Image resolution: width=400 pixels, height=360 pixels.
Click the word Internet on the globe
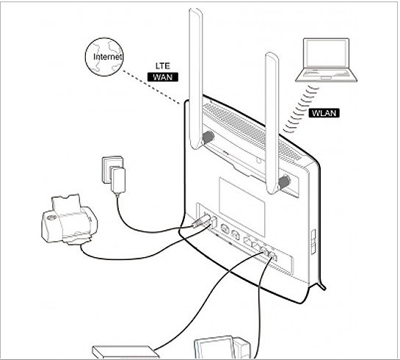107,57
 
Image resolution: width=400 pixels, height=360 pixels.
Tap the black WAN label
163,77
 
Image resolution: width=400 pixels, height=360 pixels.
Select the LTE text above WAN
163,66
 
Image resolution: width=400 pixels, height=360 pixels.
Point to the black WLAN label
324,113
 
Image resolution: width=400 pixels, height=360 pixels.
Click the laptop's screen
326,54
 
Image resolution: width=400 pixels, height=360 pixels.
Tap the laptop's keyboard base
327,76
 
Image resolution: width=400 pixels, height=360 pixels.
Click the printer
69,220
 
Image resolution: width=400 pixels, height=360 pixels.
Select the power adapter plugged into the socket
118,180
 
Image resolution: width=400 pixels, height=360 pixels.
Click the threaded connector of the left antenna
208,137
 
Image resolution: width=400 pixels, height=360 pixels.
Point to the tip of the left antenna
196,9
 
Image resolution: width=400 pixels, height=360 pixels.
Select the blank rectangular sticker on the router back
241,206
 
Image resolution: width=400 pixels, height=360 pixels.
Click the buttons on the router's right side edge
313,242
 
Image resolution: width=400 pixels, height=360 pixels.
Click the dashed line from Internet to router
151,87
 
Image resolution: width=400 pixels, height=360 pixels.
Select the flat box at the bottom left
126,353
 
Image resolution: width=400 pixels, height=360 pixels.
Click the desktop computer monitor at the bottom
215,349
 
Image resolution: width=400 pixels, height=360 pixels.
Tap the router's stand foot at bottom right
322,286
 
